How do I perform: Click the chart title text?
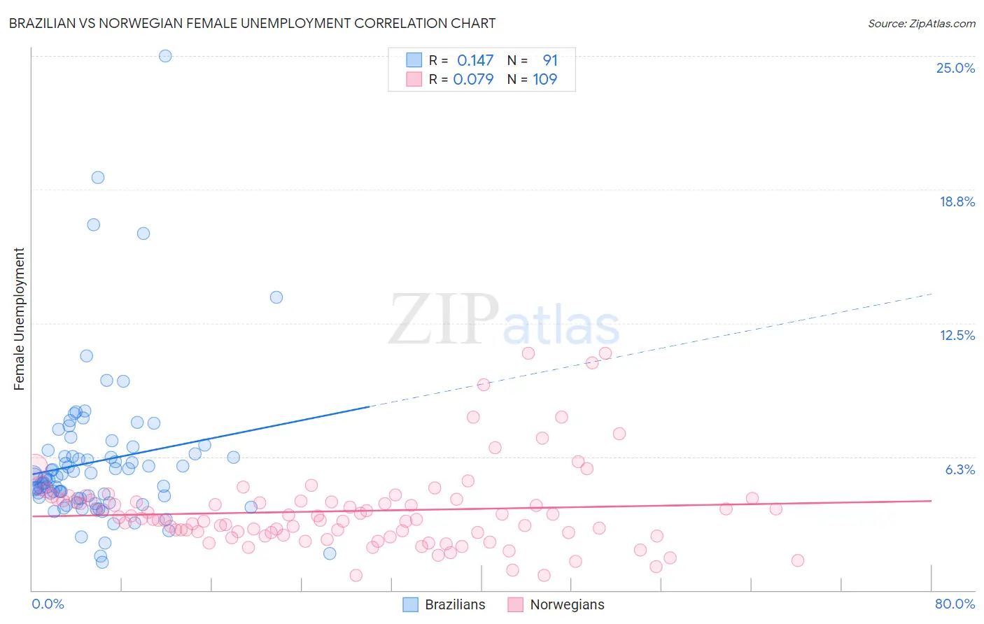coord(252,24)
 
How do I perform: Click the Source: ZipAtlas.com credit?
coord(921,24)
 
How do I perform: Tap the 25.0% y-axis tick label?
coord(955,68)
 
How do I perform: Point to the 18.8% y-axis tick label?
coord(957,201)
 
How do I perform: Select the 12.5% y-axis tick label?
coord(957,335)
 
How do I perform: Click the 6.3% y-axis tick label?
coord(960,469)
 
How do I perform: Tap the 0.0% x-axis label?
coord(48,604)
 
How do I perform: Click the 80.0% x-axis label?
coord(955,604)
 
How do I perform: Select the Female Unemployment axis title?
coord(19,319)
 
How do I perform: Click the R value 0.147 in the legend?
coord(475,61)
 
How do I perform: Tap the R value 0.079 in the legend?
coord(473,80)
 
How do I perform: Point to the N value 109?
coord(544,80)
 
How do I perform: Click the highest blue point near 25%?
coord(165,56)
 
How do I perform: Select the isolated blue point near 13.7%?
coord(276,297)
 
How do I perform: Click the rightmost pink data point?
coord(798,560)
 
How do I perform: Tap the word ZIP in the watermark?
coord(443,320)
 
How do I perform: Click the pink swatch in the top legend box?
coord(414,79)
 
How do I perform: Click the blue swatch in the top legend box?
coord(414,60)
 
